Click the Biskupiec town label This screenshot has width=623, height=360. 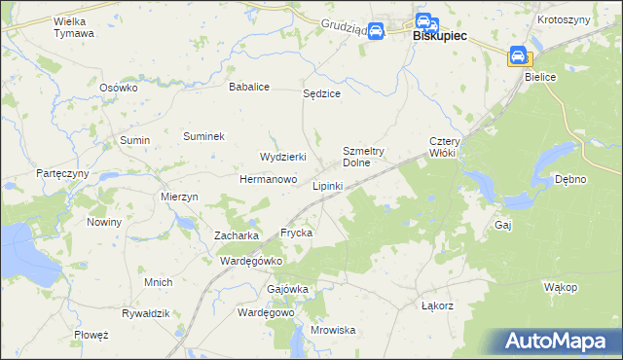pos(440,35)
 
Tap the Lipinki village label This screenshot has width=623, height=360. pos(327,185)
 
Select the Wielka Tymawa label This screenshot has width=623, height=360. pos(74,26)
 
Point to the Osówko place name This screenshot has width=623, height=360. pos(120,87)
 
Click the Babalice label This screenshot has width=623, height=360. pos(248,87)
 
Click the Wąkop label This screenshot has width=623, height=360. pos(561,287)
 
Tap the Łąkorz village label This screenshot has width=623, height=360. pos(438,306)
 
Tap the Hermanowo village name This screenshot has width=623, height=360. pos(268,180)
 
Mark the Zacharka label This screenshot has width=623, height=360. pos(236,235)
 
